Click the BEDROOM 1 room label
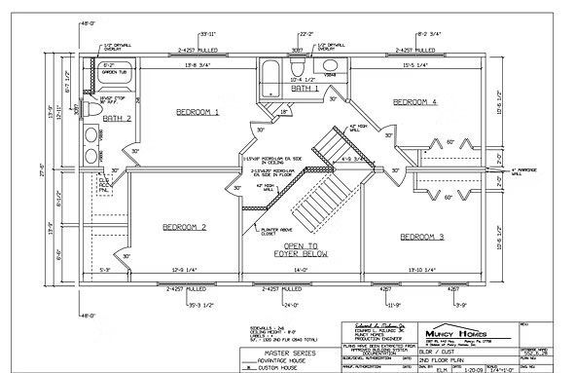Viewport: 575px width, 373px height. (x=197, y=113)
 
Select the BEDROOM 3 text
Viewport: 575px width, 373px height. (x=421, y=237)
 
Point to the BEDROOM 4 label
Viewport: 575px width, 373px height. (x=414, y=101)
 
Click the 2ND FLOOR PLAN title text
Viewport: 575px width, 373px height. (x=438, y=357)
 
